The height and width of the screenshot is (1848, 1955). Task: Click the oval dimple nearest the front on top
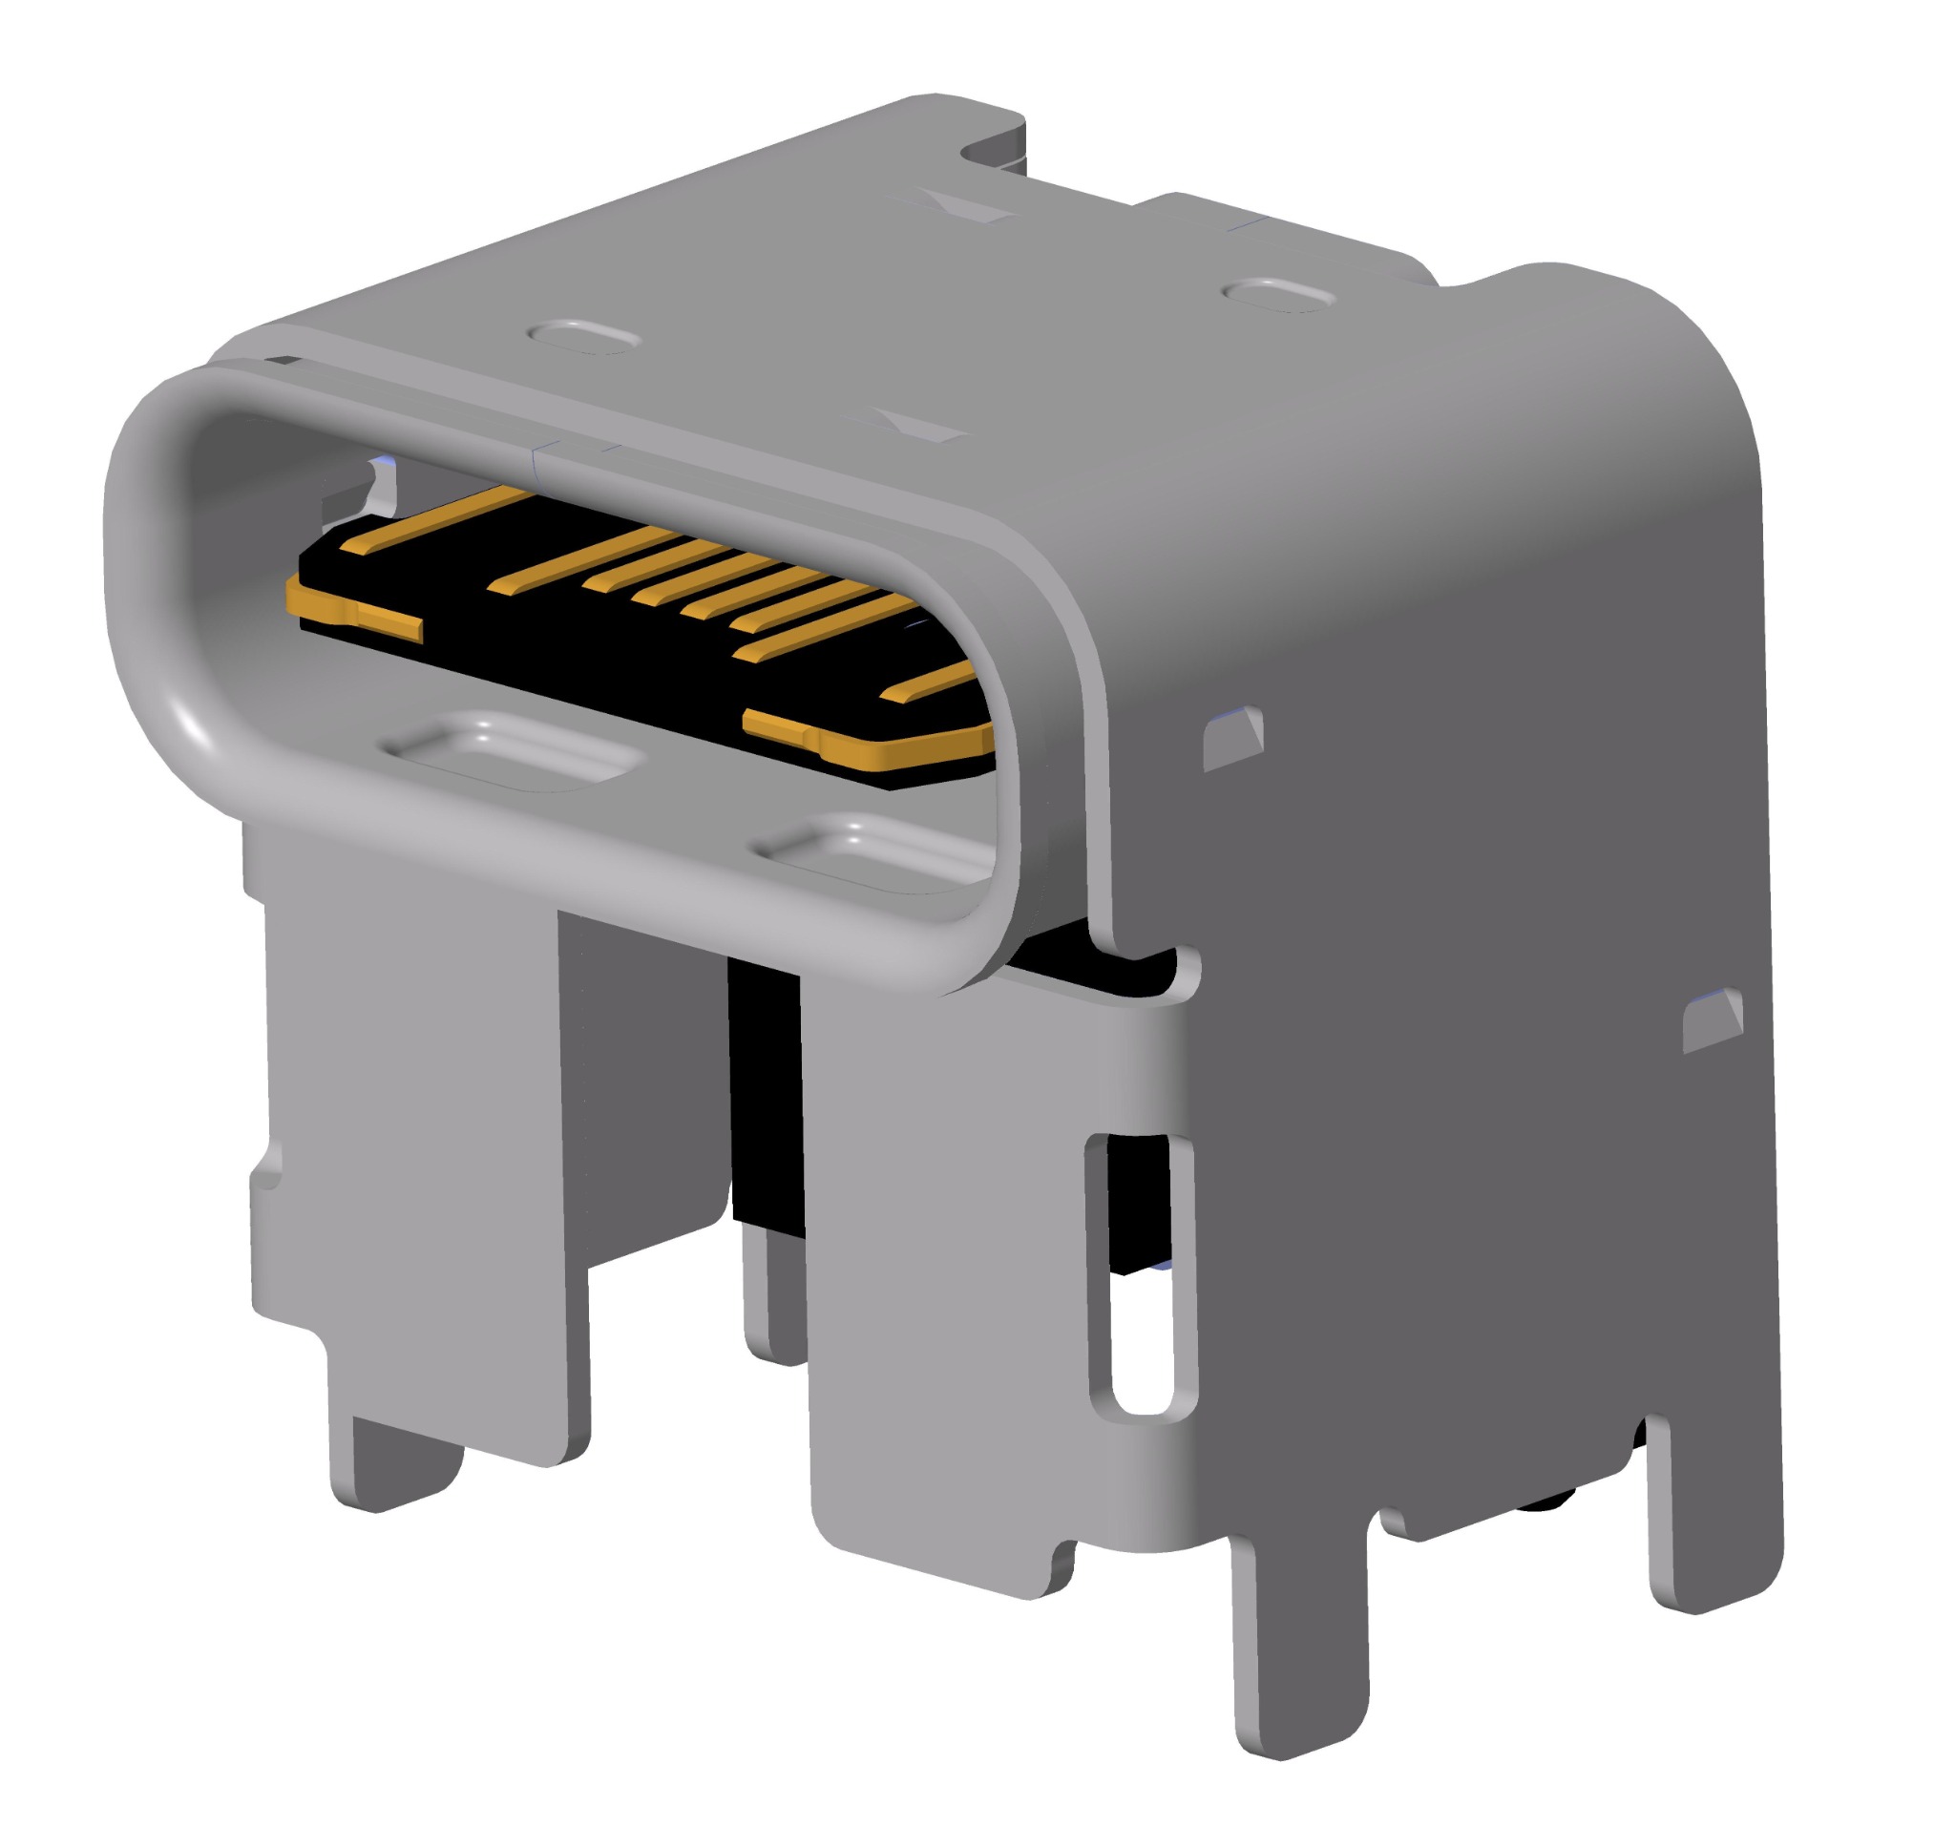tap(584, 336)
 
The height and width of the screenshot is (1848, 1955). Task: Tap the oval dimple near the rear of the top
tap(1279, 295)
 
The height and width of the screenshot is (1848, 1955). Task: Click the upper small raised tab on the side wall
tap(1233, 738)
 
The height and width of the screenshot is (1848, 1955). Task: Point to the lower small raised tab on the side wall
tap(1713, 1022)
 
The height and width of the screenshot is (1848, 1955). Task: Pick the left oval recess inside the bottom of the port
tap(513, 751)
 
